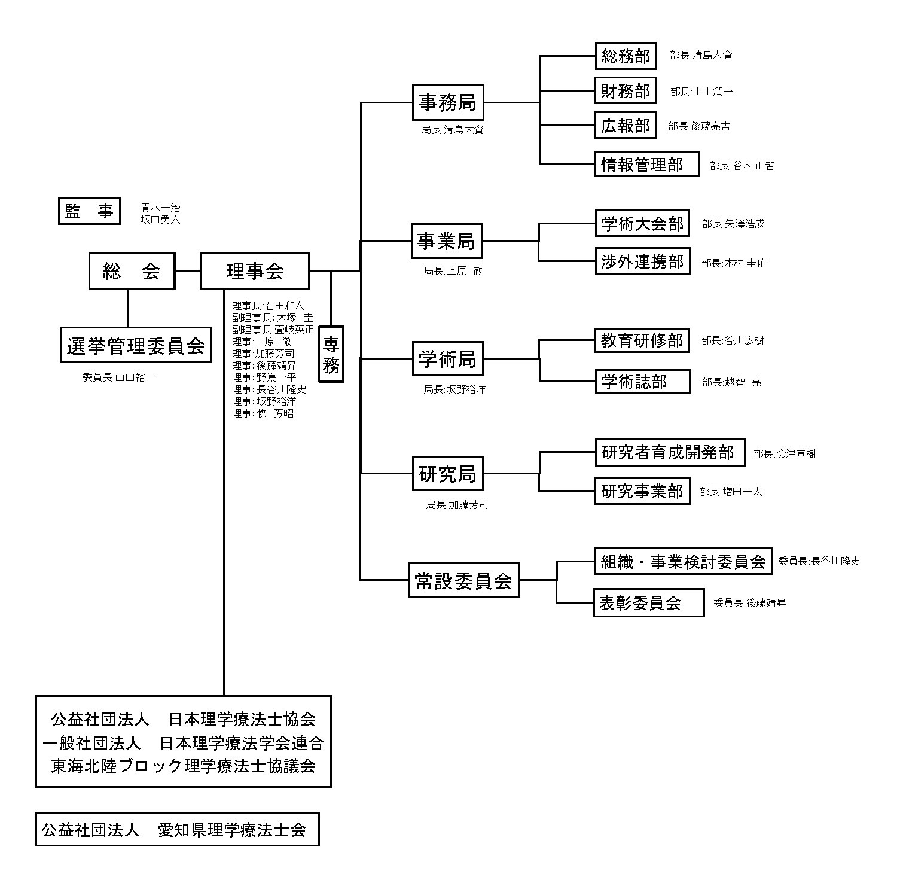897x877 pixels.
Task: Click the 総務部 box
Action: coord(626,56)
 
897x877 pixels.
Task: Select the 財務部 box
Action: coord(626,91)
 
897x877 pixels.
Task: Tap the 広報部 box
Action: coord(626,126)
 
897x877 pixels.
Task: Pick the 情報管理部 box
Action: coord(647,164)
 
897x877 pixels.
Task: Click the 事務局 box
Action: coord(447,102)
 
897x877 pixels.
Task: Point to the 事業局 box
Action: coord(446,241)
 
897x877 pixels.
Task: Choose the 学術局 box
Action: coord(447,359)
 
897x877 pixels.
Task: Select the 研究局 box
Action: coord(447,473)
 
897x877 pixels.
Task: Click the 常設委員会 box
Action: coord(464,580)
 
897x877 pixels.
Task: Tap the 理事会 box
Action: coord(255,271)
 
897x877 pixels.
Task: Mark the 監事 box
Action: coord(89,211)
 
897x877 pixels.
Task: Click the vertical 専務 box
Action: coord(331,354)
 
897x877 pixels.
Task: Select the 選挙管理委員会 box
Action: coord(136,345)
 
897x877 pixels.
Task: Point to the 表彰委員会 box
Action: coord(648,602)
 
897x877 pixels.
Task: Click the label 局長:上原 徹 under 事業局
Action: coord(453,271)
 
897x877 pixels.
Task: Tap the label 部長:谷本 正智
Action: coord(742,166)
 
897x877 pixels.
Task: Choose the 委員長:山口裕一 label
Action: coord(119,377)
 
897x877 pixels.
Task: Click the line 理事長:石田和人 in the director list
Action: coord(268,306)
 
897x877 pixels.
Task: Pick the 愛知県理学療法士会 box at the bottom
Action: coord(177,829)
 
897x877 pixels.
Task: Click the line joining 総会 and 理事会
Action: coord(188,271)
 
